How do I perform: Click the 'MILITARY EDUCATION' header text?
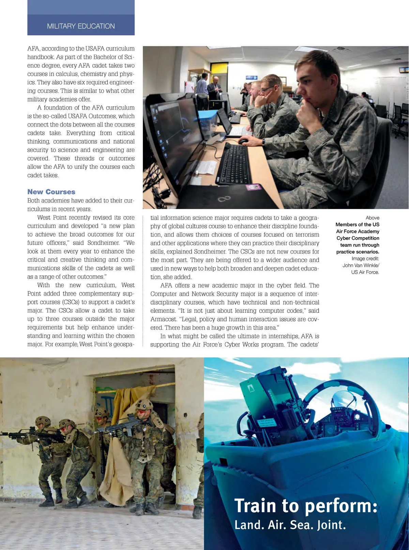pos(81,26)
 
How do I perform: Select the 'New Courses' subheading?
pos(51,192)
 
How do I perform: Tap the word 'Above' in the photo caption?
pos(372,218)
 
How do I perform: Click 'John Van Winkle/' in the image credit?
pos(361,265)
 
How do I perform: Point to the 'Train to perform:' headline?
pos(306,506)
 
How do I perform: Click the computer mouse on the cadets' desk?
pos(243,141)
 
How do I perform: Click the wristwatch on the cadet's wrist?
pos(263,141)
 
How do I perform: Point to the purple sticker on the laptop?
pos(254,187)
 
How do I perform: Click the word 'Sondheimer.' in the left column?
pos(104,243)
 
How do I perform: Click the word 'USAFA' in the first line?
pos(95,49)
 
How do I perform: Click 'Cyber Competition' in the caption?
pos(358,238)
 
